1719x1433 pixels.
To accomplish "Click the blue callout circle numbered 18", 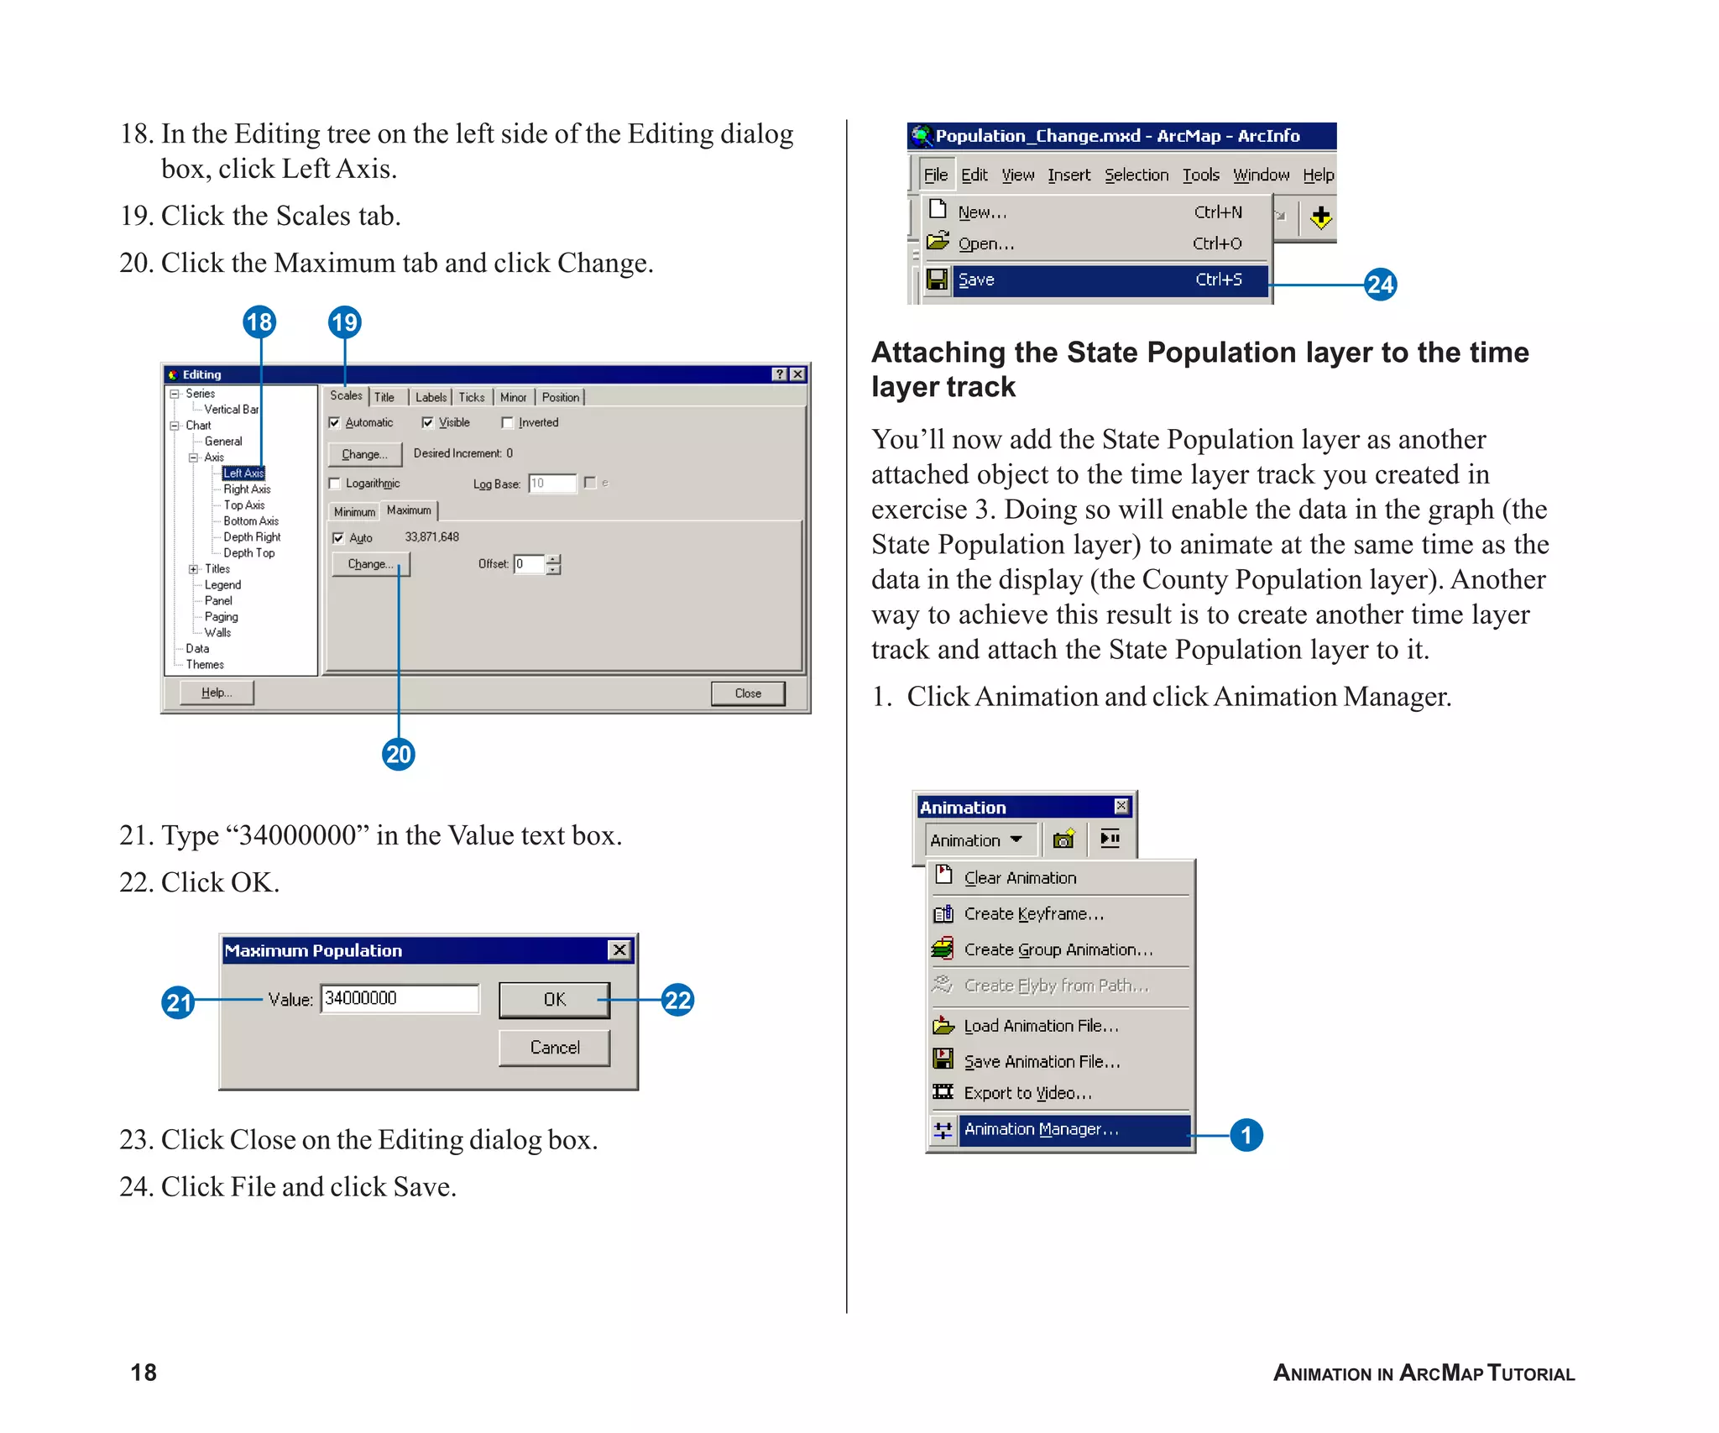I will tap(259, 322).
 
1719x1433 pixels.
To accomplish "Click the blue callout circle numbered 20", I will tap(399, 754).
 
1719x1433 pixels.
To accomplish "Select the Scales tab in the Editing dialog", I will tap(346, 395).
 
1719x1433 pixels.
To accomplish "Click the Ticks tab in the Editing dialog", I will tap(471, 397).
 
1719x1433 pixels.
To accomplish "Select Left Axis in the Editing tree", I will tap(243, 473).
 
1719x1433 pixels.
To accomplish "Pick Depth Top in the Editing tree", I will tap(248, 553).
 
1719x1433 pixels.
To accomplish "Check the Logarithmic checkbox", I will tap(335, 484).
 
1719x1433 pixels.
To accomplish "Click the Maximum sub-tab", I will tap(409, 510).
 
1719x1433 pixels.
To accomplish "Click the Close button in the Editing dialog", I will tap(747, 693).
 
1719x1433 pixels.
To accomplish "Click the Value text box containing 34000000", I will tap(399, 998).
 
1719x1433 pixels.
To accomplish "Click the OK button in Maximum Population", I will tap(554, 999).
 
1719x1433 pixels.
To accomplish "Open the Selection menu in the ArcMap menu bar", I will tap(1136, 175).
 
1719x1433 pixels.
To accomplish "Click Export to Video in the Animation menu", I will tap(1027, 1093).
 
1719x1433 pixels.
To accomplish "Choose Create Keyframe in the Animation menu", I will tap(1033, 914).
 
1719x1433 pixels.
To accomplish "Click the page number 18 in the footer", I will tap(144, 1373).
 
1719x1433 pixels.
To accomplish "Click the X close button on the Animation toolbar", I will tap(1121, 806).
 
